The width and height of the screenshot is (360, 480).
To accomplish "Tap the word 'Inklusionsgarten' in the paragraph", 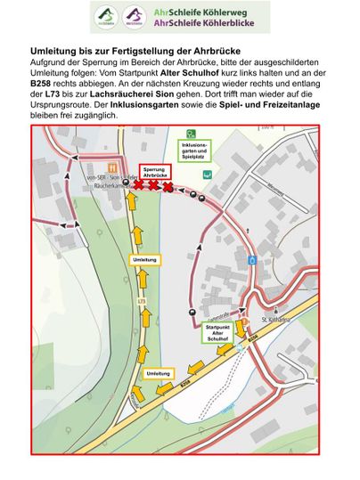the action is pos(159,104).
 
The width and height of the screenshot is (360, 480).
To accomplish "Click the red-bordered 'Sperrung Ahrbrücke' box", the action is pos(154,172).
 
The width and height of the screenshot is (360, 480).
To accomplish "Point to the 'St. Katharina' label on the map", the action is pos(276,318).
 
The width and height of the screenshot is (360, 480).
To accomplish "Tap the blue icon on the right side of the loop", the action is pos(254,260).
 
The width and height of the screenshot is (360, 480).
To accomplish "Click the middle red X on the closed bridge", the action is pos(153,186).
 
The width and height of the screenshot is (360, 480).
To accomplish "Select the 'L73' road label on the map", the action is pos(140,301).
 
